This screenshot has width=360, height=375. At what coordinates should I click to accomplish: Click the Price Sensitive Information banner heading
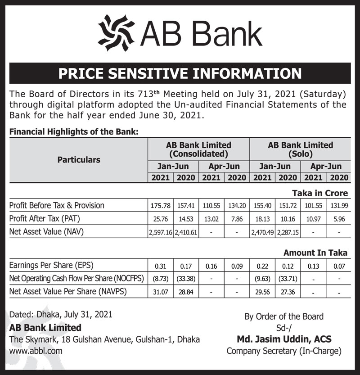click(180, 73)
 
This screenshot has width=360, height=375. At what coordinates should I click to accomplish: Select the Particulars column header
click(79, 160)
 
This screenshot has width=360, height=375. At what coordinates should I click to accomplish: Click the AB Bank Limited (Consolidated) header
click(198, 149)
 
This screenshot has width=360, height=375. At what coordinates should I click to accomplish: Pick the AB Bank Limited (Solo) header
click(300, 149)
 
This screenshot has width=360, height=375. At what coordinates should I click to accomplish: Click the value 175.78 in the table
click(160, 206)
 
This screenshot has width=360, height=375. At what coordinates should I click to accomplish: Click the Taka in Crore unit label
click(320, 193)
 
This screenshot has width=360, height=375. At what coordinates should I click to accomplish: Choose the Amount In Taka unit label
click(315, 253)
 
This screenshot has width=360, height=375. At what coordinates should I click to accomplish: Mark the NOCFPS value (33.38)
click(185, 279)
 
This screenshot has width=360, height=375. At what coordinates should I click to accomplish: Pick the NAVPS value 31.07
click(160, 292)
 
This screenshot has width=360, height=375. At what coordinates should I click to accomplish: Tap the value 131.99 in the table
click(338, 206)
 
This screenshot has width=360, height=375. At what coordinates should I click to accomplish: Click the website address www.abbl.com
click(36, 350)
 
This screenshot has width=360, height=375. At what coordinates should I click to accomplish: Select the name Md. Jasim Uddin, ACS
click(284, 339)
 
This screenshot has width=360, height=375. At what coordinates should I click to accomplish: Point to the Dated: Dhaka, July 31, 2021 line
click(61, 315)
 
